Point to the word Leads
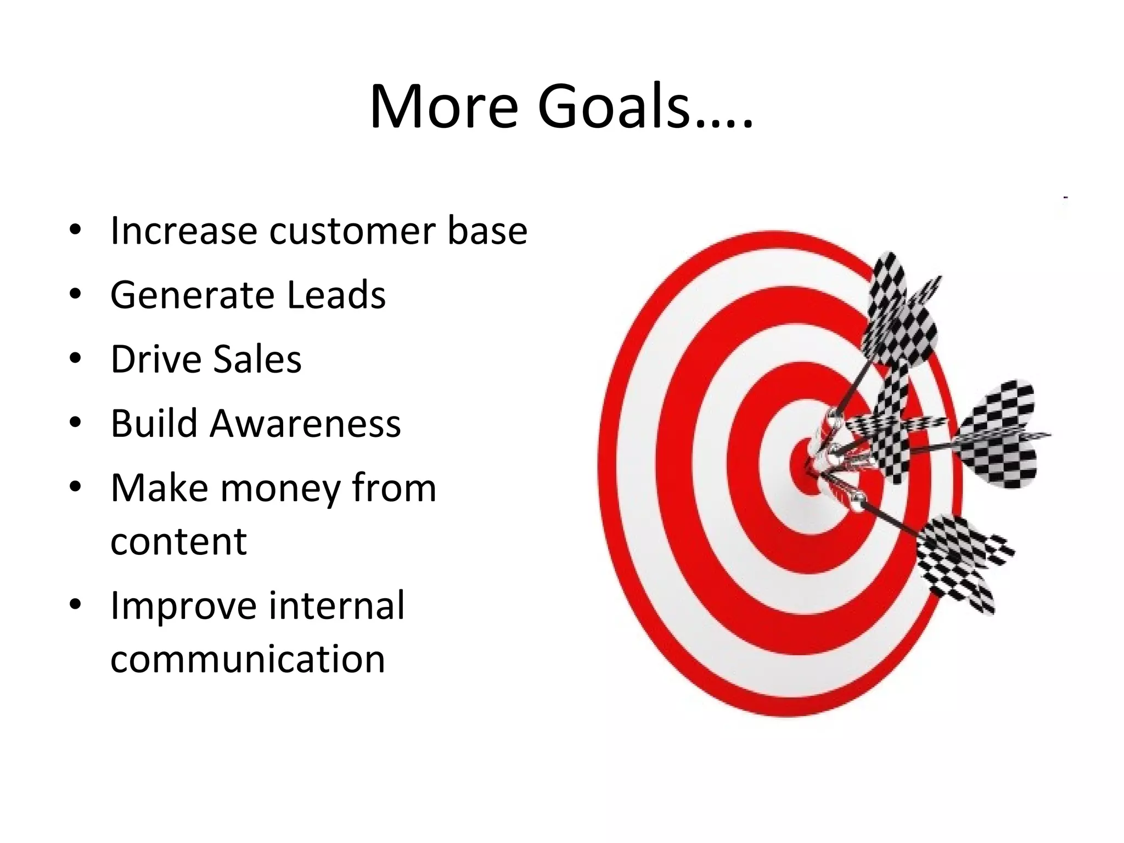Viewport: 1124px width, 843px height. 336,295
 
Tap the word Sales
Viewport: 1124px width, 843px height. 257,359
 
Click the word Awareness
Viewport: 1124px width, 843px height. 305,423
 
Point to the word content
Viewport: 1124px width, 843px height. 178,541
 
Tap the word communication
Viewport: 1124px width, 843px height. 248,659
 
